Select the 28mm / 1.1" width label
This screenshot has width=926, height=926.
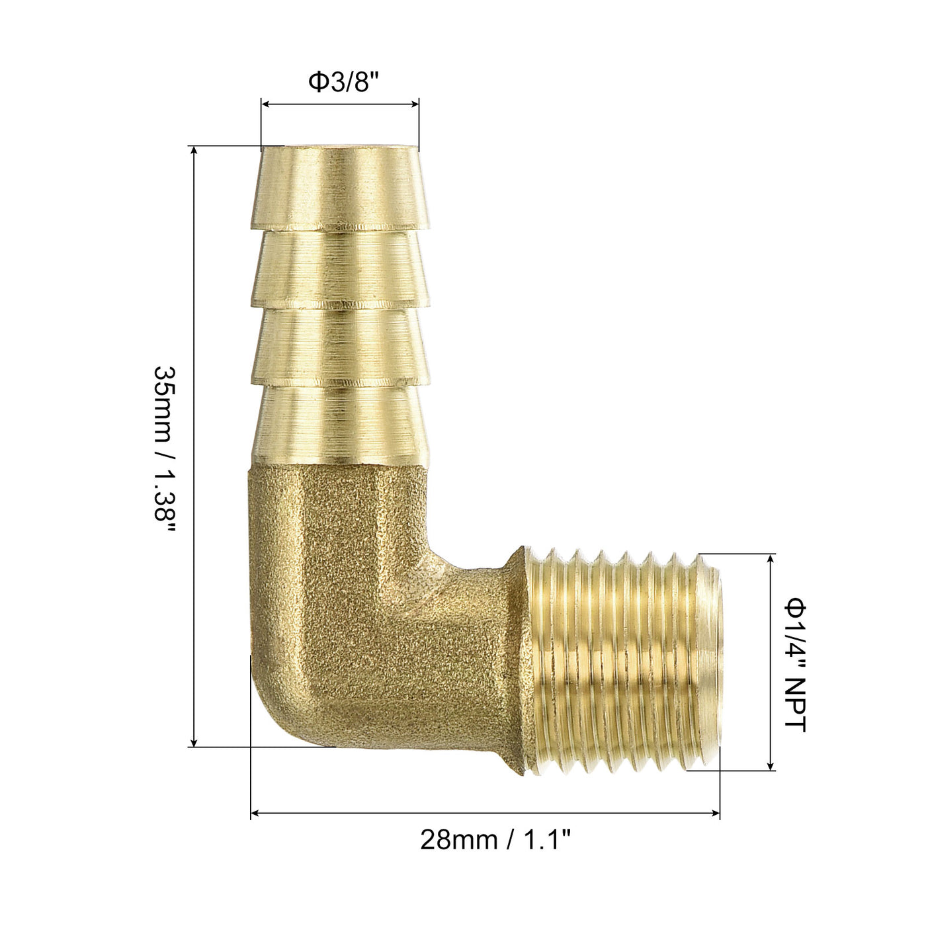click(x=495, y=839)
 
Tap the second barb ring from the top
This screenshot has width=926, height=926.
click(x=340, y=269)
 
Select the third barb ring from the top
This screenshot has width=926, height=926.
click(x=340, y=347)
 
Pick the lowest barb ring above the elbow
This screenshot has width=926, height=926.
click(x=340, y=426)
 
